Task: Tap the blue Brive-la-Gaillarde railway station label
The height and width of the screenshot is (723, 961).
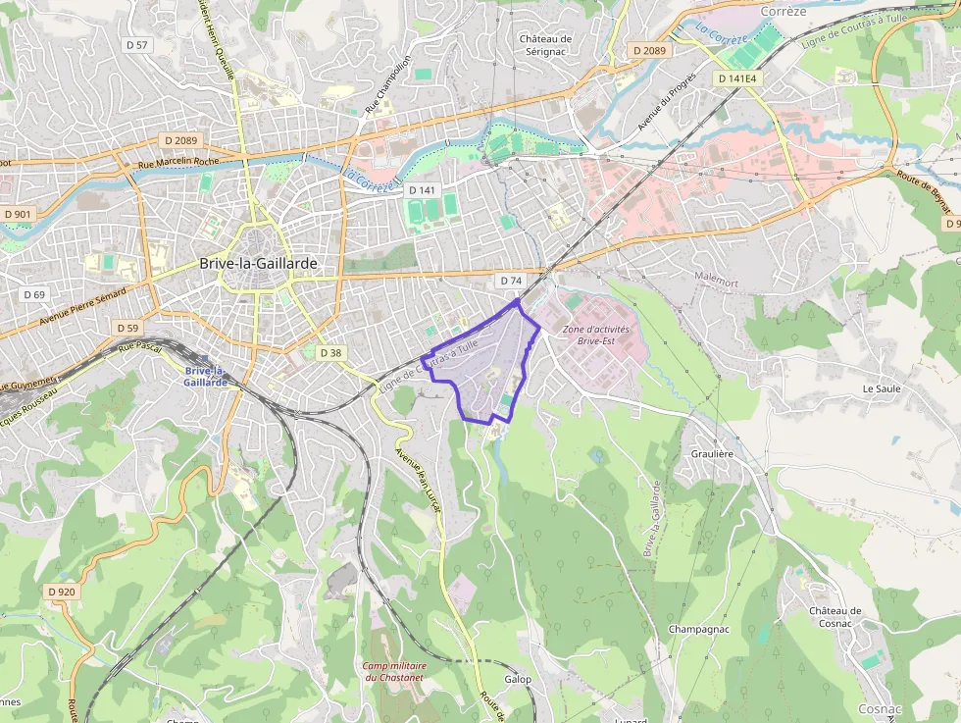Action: (205, 377)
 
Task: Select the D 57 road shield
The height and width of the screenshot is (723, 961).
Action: (137, 45)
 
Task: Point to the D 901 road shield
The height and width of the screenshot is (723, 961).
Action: (18, 214)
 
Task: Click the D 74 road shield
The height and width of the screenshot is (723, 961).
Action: (510, 281)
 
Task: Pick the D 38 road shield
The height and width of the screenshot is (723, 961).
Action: (331, 353)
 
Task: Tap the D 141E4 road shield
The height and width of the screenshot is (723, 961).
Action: (737, 78)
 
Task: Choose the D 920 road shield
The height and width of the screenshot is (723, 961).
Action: (61, 592)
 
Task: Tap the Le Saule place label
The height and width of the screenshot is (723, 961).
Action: (882, 388)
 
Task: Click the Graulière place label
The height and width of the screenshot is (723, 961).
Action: (712, 454)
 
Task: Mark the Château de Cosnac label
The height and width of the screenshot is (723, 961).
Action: (835, 617)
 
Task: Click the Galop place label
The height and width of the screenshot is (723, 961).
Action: (518, 680)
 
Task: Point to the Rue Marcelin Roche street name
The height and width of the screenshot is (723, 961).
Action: (179, 164)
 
